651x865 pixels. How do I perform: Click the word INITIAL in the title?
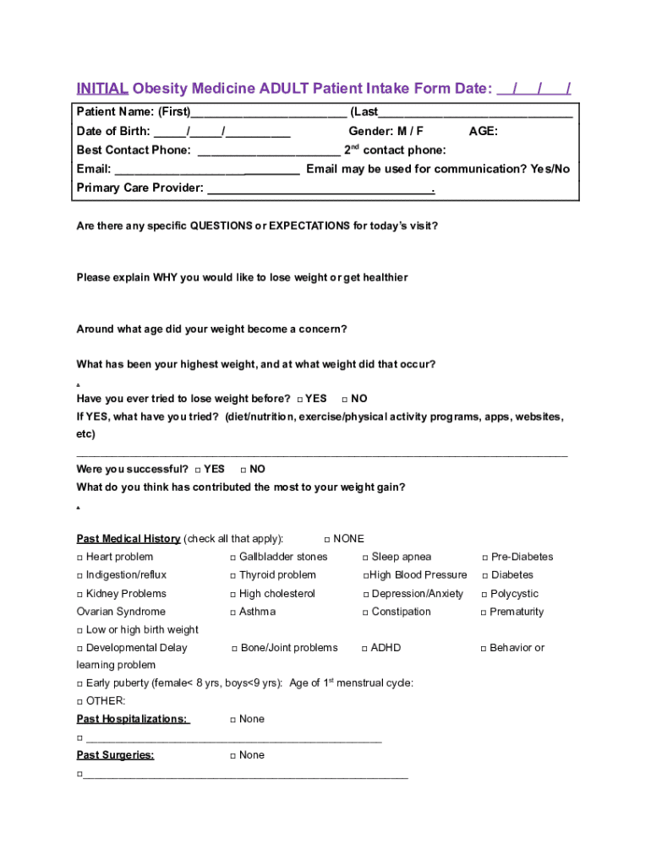[102, 89]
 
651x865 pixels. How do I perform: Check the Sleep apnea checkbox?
[365, 558]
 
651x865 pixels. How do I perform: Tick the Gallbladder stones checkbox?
[232, 558]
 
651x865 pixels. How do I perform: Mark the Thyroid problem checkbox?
[232, 576]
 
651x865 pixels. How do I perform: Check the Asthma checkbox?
[232, 612]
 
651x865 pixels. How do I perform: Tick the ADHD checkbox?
[364, 649]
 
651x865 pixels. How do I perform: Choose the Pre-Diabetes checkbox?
[484, 558]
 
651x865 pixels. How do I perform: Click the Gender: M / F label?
[386, 132]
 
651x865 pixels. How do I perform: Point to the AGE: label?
[483, 132]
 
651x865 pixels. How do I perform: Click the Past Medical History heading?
[128, 539]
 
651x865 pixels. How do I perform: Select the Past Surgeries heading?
[115, 755]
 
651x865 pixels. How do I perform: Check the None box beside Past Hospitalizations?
[232, 720]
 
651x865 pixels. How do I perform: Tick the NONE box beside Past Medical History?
[327, 540]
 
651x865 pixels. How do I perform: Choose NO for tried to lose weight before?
[345, 400]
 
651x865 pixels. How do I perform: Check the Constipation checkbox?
[365, 612]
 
